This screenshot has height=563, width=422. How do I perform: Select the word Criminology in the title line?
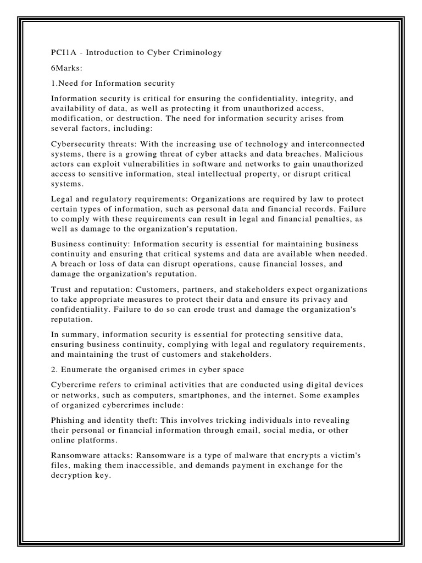tap(198, 52)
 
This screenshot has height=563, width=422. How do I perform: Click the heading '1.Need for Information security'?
tap(113, 83)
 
